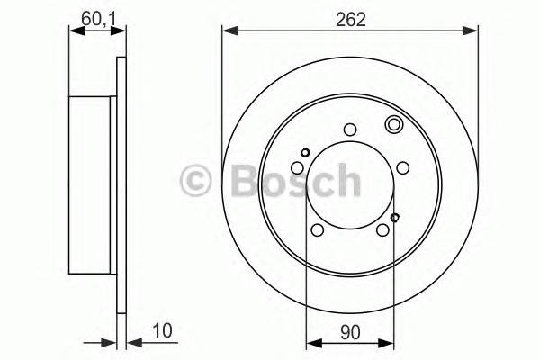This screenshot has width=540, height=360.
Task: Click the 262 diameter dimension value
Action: pyautogui.click(x=352, y=19)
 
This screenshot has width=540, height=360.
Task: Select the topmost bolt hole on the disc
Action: pyautogui.click(x=351, y=128)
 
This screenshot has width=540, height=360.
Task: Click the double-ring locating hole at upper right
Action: pyautogui.click(x=393, y=126)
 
